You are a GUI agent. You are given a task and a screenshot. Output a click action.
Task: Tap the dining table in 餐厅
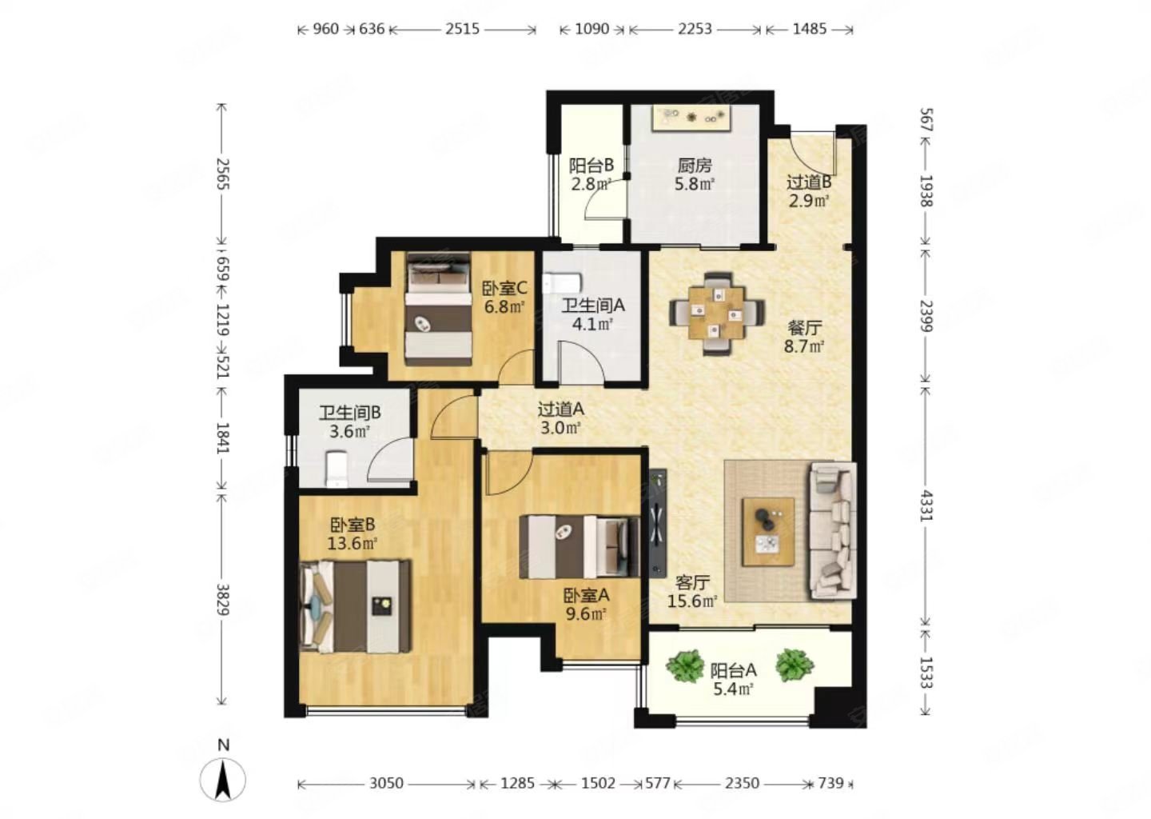[717, 313]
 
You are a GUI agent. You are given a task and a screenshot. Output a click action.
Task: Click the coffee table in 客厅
[767, 532]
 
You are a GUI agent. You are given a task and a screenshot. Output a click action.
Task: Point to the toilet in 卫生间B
[337, 469]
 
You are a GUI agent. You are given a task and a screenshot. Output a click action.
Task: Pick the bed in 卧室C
[438, 309]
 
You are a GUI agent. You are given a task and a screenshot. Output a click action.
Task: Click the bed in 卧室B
[355, 607]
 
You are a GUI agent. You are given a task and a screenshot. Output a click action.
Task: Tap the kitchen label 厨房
[694, 166]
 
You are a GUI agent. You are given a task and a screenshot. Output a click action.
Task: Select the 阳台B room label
[591, 166]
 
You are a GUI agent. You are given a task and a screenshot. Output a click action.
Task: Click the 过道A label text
[560, 409]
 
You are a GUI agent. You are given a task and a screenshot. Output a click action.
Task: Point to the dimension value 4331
[926, 505]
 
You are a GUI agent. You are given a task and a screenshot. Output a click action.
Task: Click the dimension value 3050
[386, 783]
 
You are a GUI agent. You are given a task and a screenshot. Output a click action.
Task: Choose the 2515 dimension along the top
[463, 29]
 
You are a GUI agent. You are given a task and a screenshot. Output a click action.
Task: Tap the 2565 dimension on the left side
[222, 174]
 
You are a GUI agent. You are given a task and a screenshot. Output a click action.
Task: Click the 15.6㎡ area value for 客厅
[692, 601]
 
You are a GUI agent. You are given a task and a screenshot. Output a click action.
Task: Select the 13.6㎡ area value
[352, 543]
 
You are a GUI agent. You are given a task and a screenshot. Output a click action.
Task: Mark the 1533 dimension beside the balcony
[926, 672]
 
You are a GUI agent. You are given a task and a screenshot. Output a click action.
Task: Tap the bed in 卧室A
[579, 547]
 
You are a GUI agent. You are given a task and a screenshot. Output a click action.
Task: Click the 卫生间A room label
[593, 306]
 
